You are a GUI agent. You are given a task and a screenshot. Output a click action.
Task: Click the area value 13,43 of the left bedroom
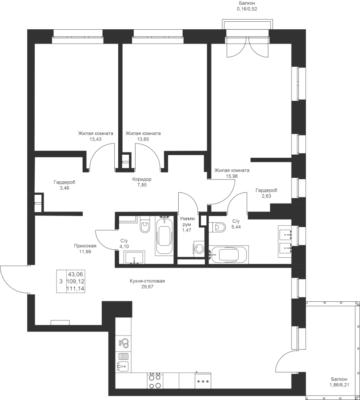pos(96,139)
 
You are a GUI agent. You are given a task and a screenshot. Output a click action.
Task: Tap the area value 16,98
pos(232,176)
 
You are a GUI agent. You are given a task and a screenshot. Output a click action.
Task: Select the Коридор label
pos(142,179)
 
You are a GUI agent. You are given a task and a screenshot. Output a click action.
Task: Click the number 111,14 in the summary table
pos(76,288)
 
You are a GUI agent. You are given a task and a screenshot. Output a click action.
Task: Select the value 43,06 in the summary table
pos(76,274)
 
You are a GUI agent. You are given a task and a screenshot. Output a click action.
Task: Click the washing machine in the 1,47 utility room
pos(199,248)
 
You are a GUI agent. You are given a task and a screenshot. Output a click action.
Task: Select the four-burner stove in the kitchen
pos(155,381)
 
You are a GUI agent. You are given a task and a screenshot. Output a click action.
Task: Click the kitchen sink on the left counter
pos(123,366)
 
